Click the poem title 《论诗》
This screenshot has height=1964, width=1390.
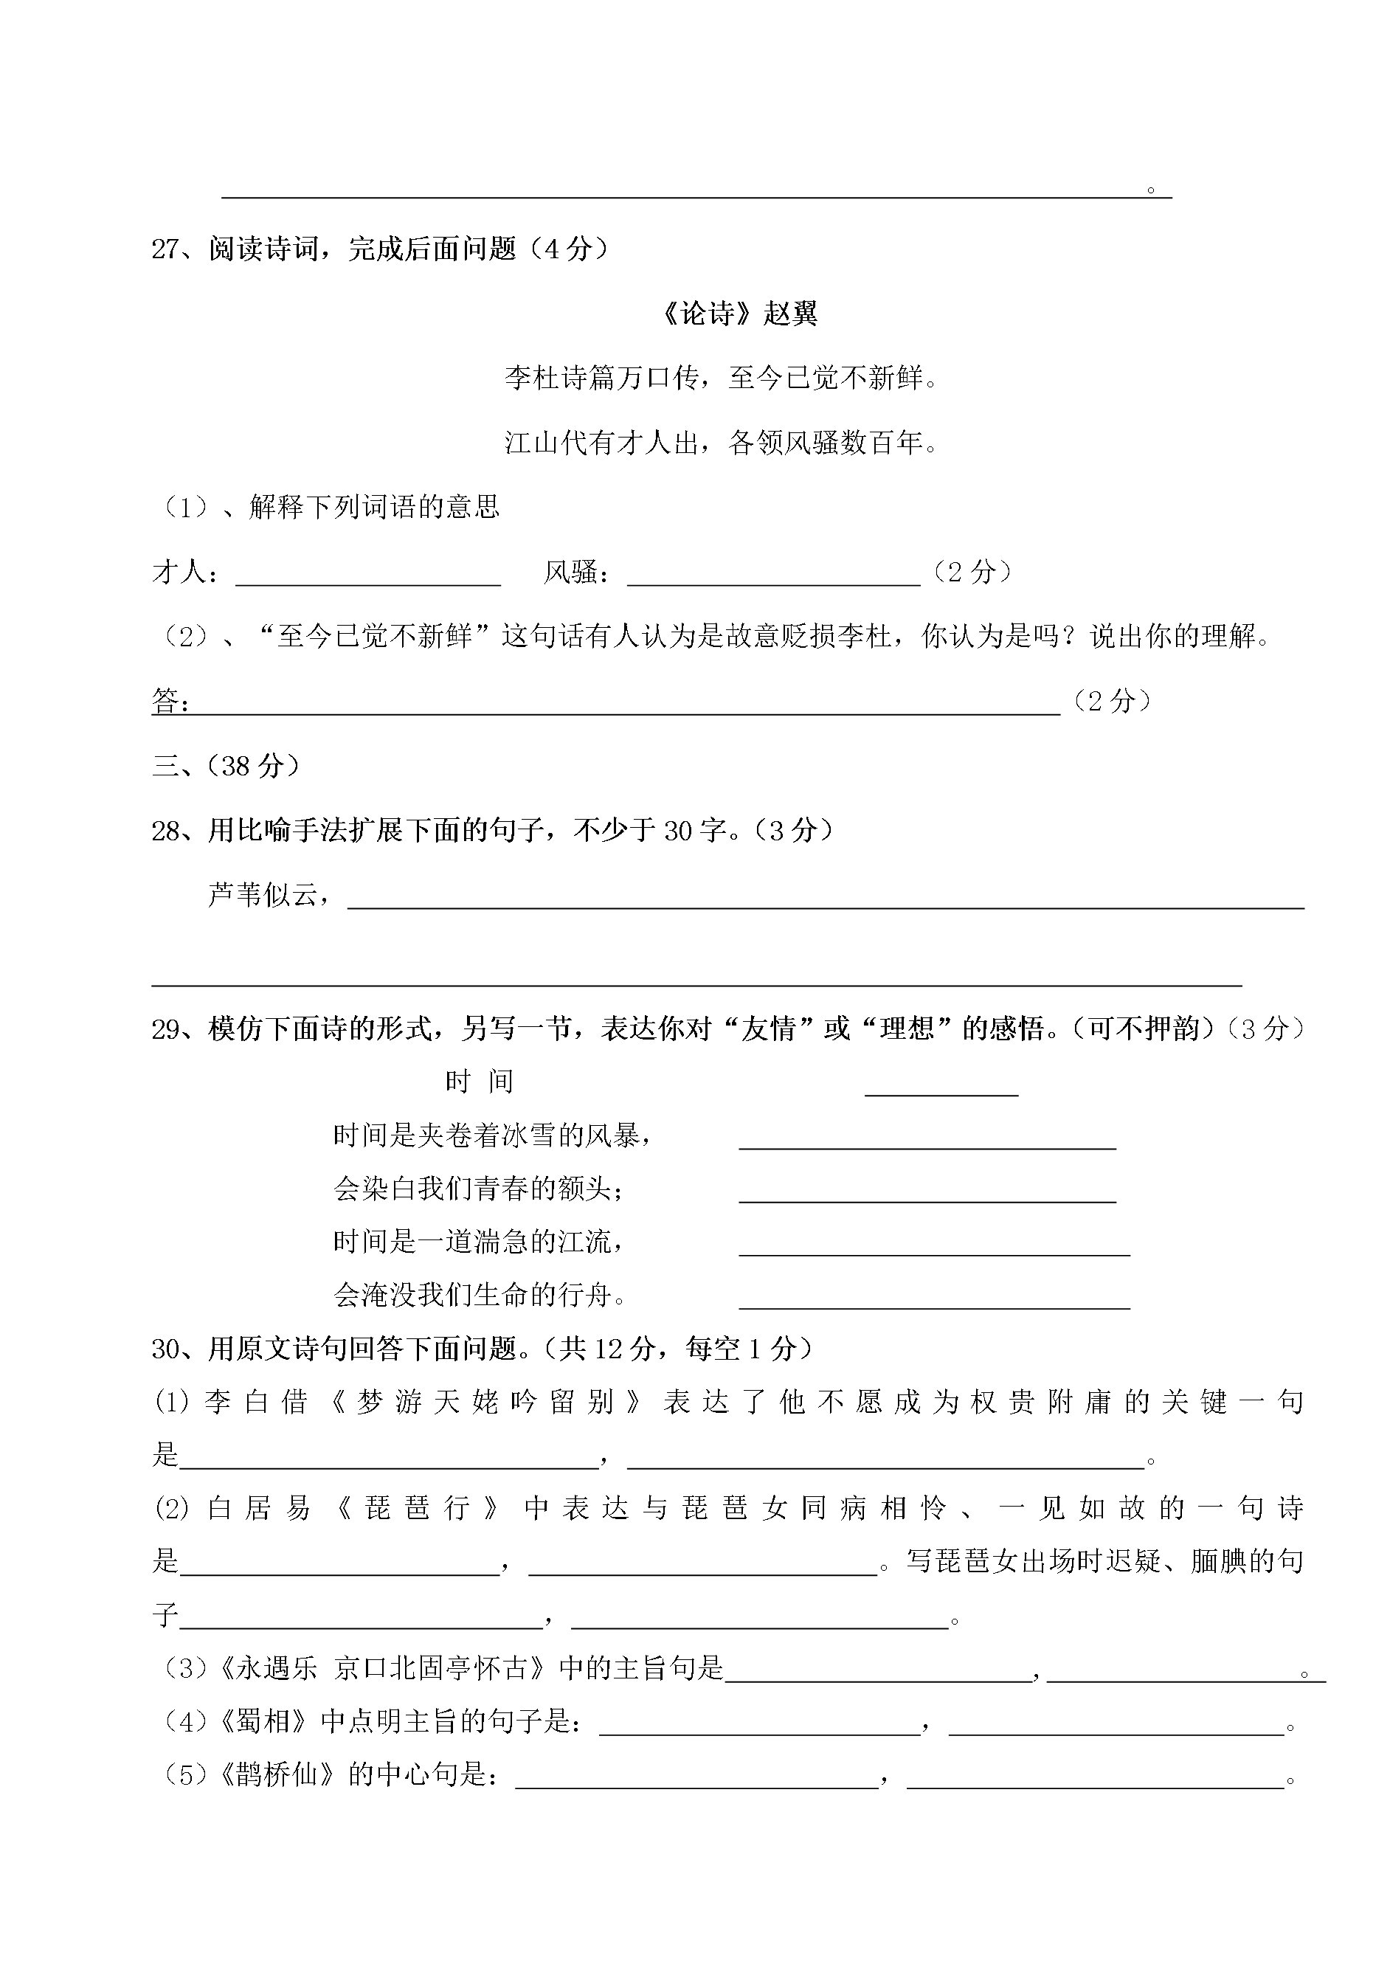point(707,314)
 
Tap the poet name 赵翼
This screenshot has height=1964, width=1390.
point(790,314)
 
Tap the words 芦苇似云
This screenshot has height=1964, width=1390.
point(262,895)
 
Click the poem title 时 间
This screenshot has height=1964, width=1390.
point(480,1082)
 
